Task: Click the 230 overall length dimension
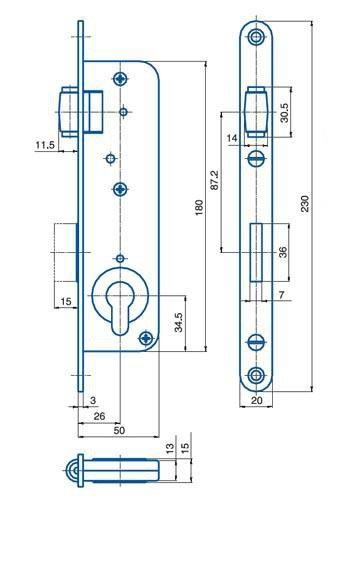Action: (x=304, y=204)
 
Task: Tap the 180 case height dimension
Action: (x=199, y=207)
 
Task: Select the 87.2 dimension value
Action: (x=214, y=180)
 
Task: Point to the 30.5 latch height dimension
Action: (x=284, y=113)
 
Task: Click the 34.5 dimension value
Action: (x=179, y=322)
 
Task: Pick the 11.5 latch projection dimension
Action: (x=45, y=145)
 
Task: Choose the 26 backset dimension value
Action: (x=99, y=416)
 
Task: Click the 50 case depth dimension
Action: (x=119, y=430)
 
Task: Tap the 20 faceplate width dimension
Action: (x=256, y=400)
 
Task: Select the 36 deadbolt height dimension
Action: (x=283, y=252)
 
